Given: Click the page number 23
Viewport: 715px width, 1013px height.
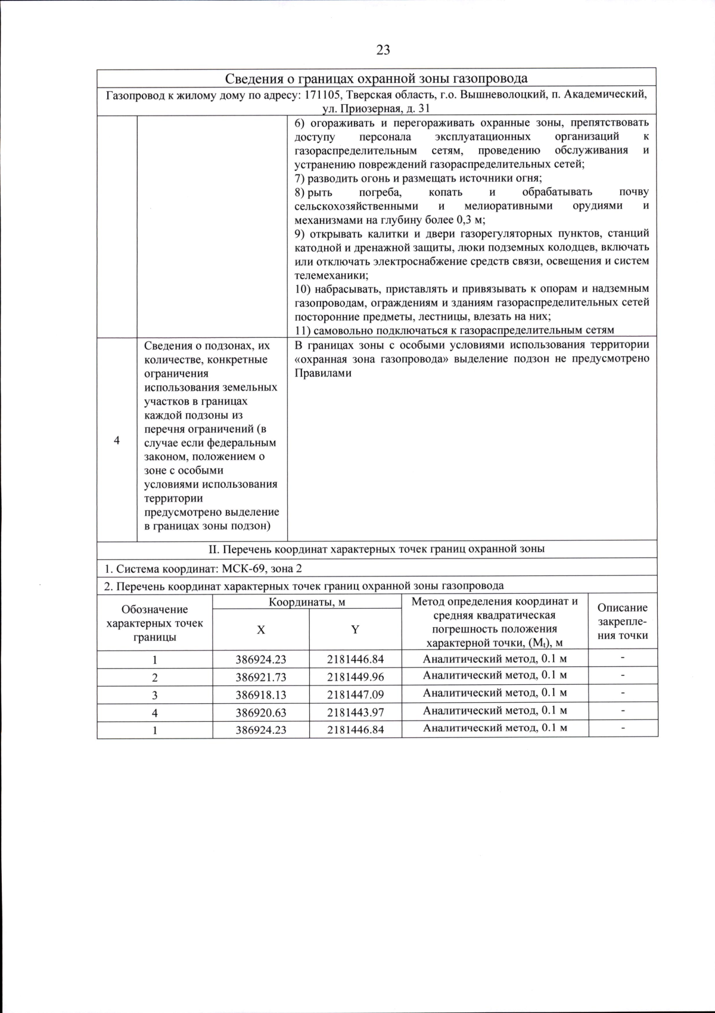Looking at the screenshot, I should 383,50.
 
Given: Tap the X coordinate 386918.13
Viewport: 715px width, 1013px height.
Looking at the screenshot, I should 260,695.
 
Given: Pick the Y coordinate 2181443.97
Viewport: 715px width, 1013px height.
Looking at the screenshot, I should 355,712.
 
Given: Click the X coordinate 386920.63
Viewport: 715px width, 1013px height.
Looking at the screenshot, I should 260,712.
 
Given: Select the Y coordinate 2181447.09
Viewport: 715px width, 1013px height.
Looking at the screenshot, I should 355,695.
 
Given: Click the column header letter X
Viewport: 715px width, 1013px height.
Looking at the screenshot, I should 261,630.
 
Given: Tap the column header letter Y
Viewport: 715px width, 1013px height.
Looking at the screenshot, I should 355,630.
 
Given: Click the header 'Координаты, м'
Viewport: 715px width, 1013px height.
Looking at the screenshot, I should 307,601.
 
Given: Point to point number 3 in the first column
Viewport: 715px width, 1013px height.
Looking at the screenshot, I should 155,695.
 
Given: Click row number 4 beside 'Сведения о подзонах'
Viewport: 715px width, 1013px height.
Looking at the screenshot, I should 117,441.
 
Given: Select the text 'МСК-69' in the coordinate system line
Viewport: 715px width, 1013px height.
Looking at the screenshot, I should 240,568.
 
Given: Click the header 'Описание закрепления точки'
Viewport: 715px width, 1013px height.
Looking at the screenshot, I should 623,621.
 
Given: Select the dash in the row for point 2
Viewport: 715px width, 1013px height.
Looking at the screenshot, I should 623,676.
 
